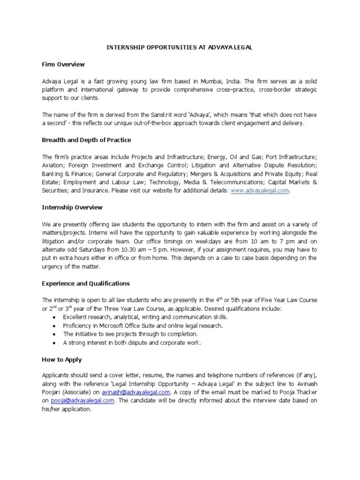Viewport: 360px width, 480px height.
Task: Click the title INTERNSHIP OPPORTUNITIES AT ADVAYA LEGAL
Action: click(180, 48)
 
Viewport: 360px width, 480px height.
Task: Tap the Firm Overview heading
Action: click(63, 64)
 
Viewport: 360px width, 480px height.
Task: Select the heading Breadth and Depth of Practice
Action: click(86, 140)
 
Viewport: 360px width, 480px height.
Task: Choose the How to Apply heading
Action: click(62, 360)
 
